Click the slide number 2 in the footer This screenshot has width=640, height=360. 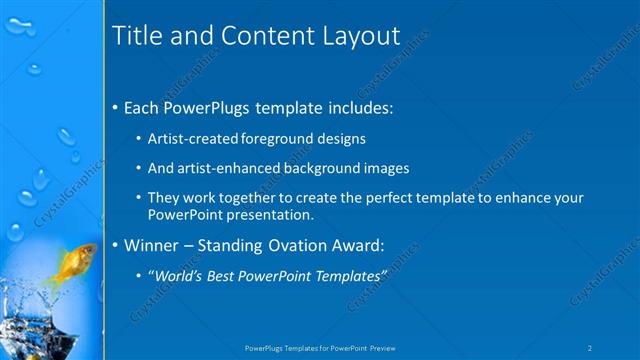coord(591,348)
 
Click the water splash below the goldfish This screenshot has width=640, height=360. coord(40,315)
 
